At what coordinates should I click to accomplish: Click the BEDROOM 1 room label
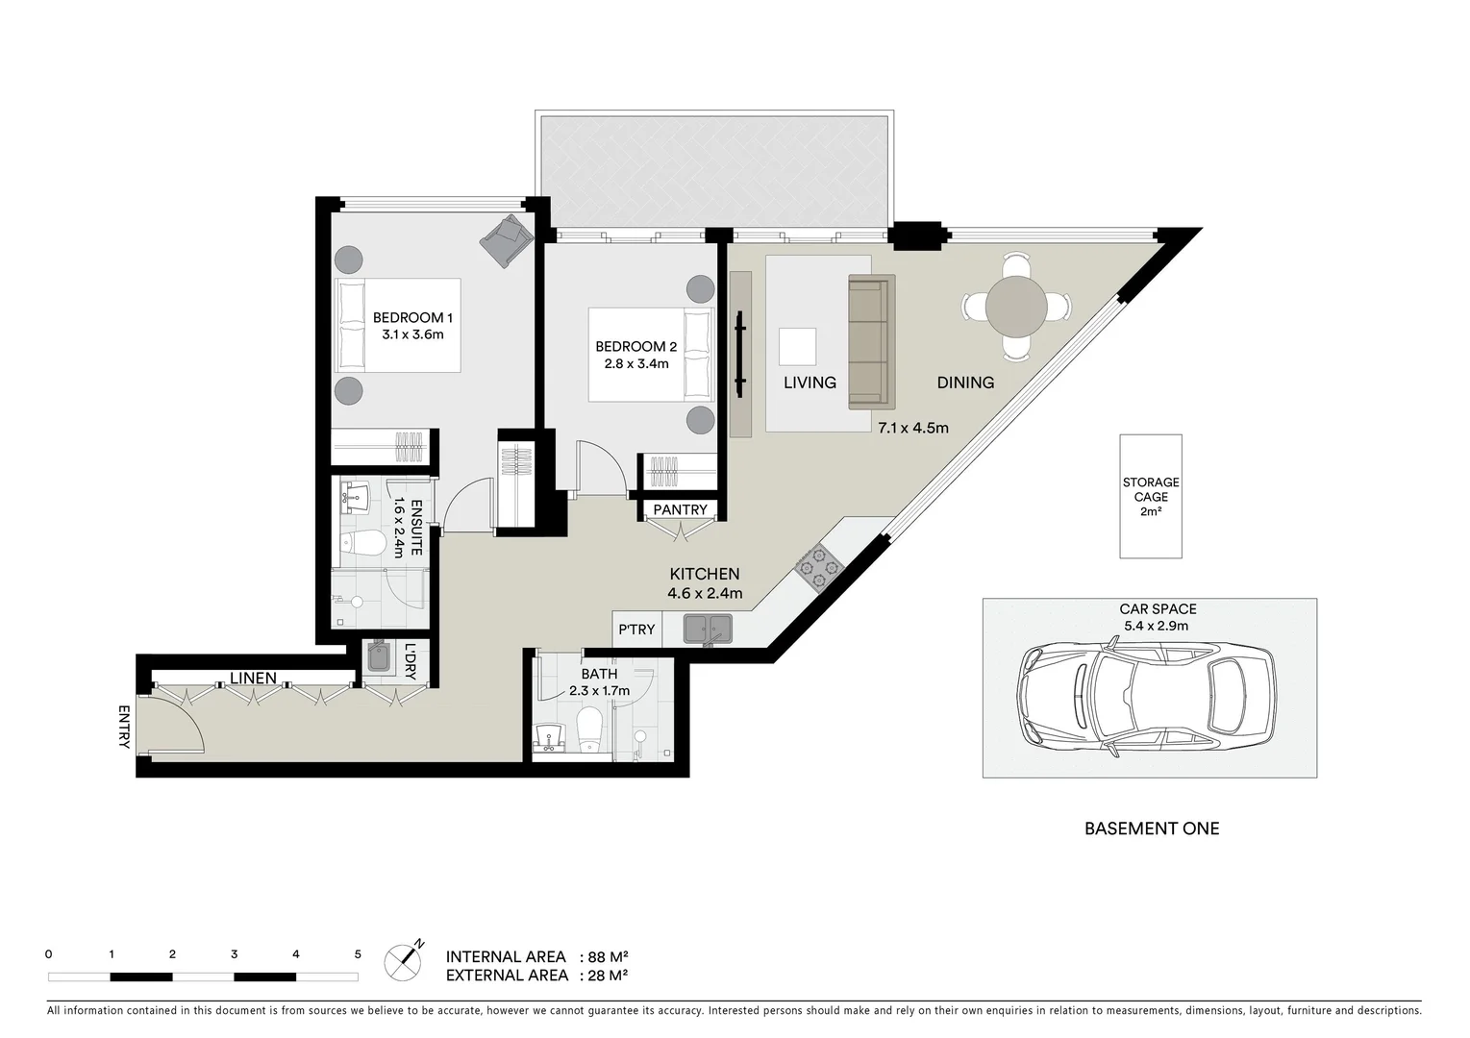click(x=412, y=317)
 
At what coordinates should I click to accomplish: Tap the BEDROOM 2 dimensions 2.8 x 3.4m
click(x=635, y=363)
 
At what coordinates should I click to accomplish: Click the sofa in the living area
click(x=871, y=341)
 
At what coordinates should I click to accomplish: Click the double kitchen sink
click(x=707, y=629)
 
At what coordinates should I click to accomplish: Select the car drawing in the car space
click(x=1149, y=694)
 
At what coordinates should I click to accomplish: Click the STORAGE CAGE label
click(x=1150, y=490)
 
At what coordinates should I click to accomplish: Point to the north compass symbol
click(x=405, y=961)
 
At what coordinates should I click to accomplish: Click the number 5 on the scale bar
click(x=358, y=954)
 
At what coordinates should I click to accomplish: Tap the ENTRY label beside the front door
click(x=124, y=727)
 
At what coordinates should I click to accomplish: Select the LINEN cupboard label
click(x=253, y=679)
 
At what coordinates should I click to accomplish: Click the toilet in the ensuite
click(x=362, y=544)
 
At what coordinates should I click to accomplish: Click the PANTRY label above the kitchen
click(x=680, y=509)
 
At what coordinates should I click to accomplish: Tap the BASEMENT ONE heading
click(x=1151, y=828)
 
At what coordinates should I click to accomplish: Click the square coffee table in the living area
click(x=797, y=346)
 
